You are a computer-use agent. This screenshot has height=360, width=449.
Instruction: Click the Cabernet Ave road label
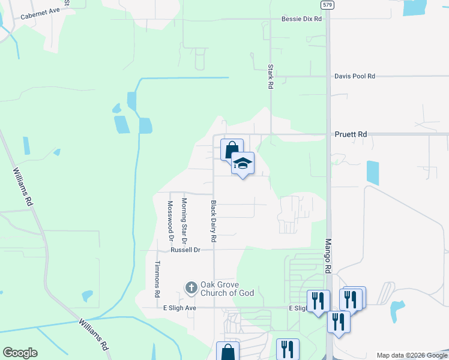tap(40, 14)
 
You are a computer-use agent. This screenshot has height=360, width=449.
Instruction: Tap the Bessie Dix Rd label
tap(302, 19)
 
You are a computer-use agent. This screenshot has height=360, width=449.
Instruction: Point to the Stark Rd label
tap(271, 77)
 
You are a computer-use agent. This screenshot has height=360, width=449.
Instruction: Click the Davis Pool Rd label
tap(355, 76)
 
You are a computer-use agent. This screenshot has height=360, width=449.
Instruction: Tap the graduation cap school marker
tap(243, 163)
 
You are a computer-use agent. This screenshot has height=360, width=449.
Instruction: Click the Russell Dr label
tap(185, 250)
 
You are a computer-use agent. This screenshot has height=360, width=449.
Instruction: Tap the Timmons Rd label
tap(157, 280)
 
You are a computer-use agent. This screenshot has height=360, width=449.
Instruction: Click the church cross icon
tap(191, 289)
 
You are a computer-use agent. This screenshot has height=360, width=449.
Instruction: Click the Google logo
tap(20, 353)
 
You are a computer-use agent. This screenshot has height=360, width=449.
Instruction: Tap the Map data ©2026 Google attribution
tap(411, 355)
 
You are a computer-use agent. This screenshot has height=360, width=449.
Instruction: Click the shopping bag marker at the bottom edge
tap(228, 352)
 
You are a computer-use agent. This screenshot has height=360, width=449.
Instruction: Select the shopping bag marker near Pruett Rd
tap(231, 149)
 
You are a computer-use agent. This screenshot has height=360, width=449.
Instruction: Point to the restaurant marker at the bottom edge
tap(288, 349)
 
